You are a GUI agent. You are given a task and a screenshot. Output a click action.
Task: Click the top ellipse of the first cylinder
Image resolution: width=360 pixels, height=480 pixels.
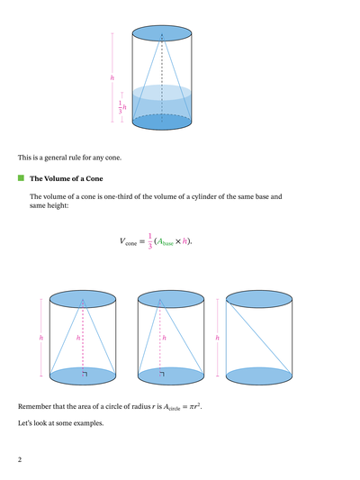[162, 34]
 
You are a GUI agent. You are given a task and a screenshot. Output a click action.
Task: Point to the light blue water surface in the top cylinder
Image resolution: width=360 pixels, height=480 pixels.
[162, 92]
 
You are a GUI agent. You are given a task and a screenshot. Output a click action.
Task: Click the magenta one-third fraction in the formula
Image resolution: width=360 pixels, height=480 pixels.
[149, 241]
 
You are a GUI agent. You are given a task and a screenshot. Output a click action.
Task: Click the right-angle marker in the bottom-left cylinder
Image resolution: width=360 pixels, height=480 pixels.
[85, 371]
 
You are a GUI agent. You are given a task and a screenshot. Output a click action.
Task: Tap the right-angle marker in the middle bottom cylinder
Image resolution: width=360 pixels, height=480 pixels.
[161, 371]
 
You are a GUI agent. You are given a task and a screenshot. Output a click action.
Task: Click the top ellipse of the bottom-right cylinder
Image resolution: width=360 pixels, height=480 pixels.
[259, 298]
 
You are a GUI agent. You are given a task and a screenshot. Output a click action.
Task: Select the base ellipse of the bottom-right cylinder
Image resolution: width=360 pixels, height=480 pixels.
[259, 374]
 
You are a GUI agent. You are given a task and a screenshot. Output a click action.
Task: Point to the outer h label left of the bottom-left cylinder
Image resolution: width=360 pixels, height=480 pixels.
[40, 337]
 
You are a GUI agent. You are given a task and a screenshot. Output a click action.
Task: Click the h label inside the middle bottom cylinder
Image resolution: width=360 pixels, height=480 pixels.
[156, 337]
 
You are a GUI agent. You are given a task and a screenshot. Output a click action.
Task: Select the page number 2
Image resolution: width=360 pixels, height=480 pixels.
[19, 459]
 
